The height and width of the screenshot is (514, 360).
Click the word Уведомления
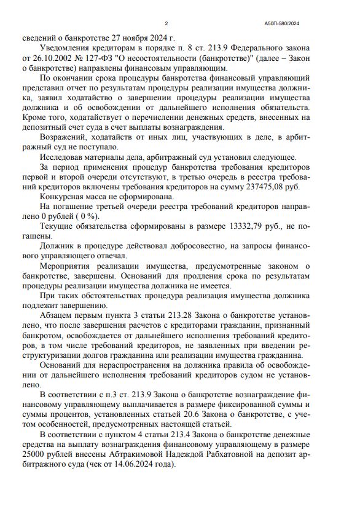(x=68, y=47)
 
